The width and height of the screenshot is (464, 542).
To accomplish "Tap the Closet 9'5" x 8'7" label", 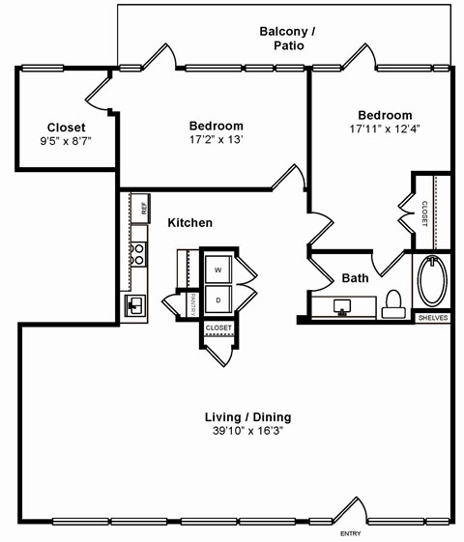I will coord(66,134).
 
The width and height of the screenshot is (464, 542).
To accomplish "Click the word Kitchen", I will coord(189,223).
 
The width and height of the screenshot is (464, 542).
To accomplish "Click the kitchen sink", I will coord(134,306).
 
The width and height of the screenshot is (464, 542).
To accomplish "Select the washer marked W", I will coord(217,269).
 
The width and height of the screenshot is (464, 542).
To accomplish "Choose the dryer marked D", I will coord(217,300).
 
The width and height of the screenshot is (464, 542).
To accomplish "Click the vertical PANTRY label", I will coord(193,303).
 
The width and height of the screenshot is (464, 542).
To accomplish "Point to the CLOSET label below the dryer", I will coord(218,328).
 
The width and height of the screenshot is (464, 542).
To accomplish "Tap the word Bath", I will coord(355,278).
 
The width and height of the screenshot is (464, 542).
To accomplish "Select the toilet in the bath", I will coord(392,303).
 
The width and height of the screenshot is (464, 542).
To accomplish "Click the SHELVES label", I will coord(431,317).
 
